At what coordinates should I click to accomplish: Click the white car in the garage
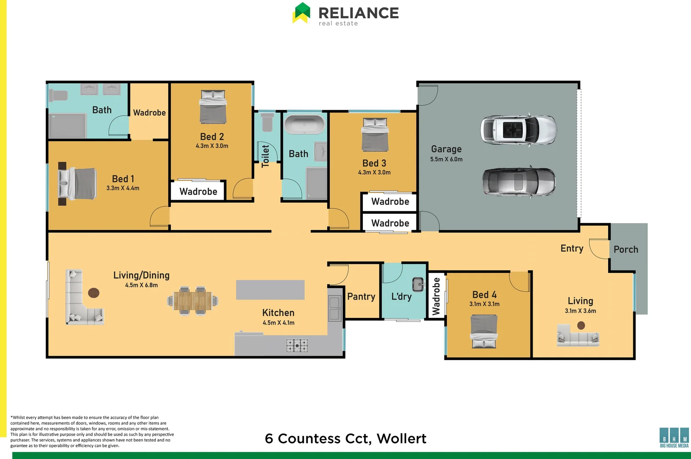[x=518, y=130]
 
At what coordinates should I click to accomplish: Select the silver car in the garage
[x=518, y=182]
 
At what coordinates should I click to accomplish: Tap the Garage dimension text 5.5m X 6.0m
[x=446, y=159]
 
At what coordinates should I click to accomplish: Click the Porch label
[x=626, y=249]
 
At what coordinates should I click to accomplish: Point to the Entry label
[x=572, y=249]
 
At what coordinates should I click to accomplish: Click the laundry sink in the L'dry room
[x=419, y=284]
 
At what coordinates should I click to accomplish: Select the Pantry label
[x=361, y=297]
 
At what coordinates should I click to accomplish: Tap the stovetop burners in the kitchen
[x=297, y=345]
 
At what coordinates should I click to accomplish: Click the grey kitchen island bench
[x=270, y=290]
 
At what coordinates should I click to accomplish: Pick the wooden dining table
[x=193, y=301]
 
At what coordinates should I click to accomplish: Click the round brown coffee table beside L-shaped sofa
[x=94, y=293]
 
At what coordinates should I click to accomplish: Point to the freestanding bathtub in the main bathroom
[x=304, y=125]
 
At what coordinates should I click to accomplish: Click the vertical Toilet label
[x=266, y=156]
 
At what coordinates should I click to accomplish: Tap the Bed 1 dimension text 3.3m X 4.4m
[x=123, y=188]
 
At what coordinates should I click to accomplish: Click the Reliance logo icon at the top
[x=301, y=13]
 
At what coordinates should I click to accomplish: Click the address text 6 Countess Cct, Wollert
[x=345, y=439]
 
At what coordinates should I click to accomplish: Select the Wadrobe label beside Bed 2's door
[x=198, y=192]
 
